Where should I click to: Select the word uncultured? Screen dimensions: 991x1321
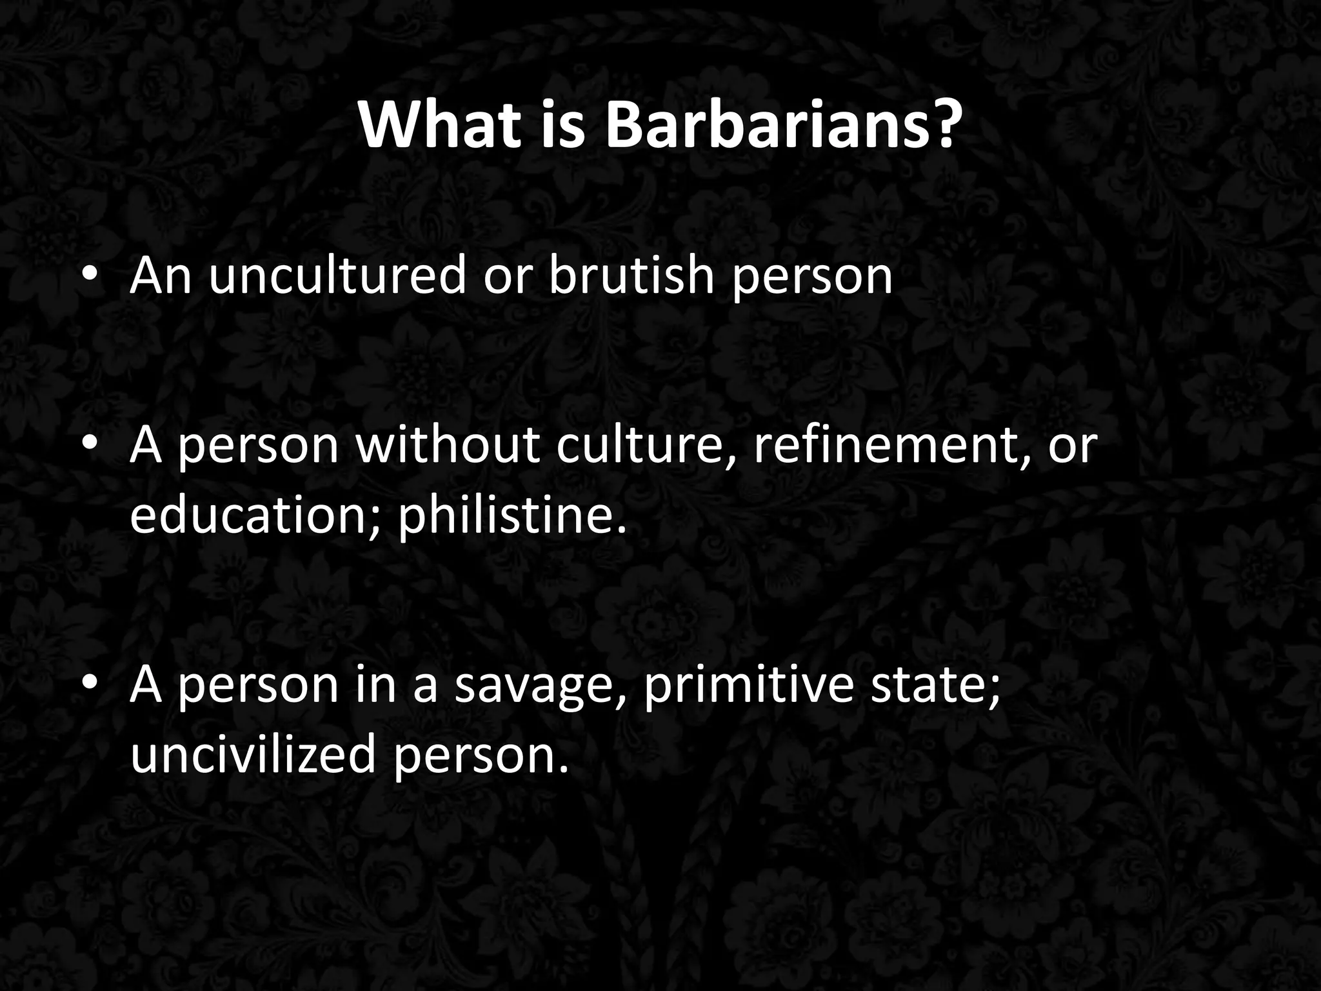coord(336,275)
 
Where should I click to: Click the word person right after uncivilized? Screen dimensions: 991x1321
coord(481,756)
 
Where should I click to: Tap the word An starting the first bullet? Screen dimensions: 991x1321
coord(161,275)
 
